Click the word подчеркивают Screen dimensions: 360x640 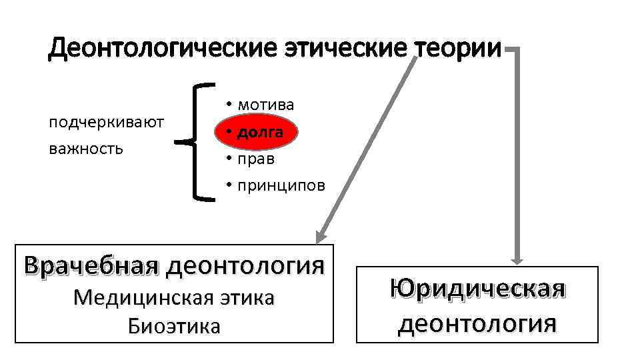click(107, 122)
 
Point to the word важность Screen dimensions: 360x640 click(86, 148)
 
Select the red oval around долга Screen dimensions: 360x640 click(256, 132)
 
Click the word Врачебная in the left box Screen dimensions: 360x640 click(91, 266)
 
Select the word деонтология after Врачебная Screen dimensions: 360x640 click(246, 266)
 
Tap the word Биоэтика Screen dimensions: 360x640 click(174, 326)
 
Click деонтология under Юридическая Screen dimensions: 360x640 click(477, 323)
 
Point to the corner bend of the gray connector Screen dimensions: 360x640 click(519, 49)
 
